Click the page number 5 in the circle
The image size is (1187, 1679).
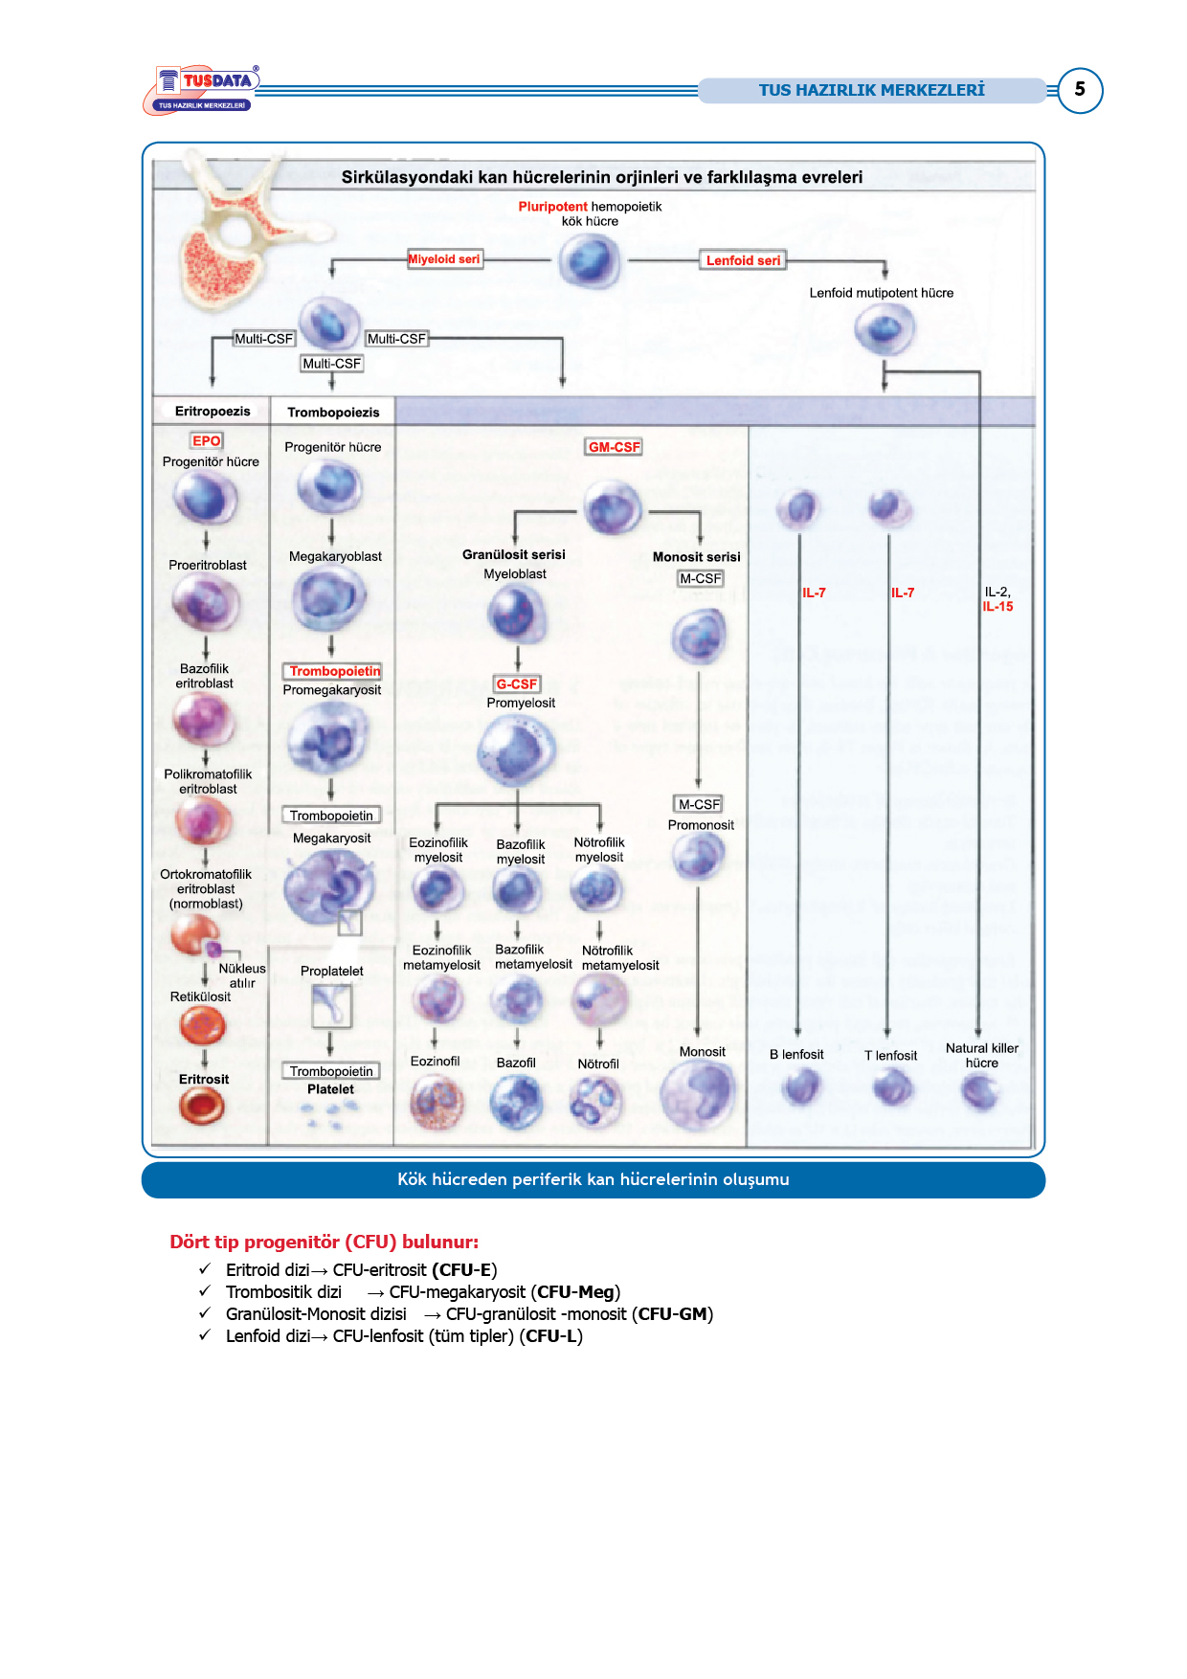1080,89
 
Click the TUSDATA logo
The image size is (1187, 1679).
202,90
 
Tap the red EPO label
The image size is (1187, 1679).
206,441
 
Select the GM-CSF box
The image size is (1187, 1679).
614,447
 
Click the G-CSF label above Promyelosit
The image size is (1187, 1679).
517,684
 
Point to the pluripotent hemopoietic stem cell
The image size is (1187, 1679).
589,260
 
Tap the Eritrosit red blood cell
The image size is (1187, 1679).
202,1107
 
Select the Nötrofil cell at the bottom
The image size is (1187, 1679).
596,1101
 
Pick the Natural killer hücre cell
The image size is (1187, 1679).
979,1091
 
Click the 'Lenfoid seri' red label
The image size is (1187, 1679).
743,260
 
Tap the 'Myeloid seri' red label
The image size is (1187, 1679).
444,259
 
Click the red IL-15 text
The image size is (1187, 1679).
997,607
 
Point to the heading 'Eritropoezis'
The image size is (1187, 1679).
213,412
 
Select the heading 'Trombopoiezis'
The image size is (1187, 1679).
333,413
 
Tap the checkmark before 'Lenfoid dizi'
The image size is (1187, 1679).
205,1335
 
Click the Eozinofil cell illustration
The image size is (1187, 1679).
437,1101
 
